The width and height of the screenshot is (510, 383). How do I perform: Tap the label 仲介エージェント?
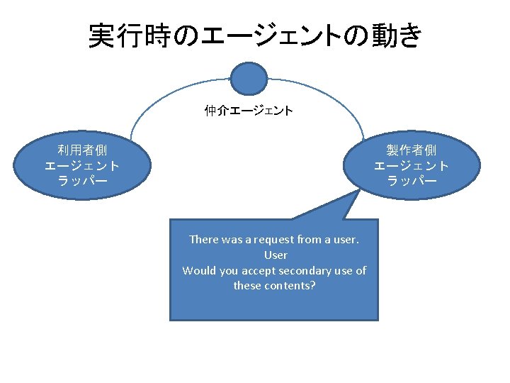pyautogui.click(x=249, y=111)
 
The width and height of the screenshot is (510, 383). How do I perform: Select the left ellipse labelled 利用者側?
pyautogui.click(x=81, y=166)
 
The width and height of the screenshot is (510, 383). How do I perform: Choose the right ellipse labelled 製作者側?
pyautogui.click(x=411, y=166)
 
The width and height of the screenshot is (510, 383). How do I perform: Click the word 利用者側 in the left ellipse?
pyautogui.click(x=81, y=150)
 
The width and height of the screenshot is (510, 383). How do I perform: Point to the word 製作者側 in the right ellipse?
pyautogui.click(x=411, y=150)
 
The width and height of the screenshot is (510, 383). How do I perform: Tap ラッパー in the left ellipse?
pyautogui.click(x=81, y=181)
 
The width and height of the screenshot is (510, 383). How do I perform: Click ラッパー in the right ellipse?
pyautogui.click(x=411, y=181)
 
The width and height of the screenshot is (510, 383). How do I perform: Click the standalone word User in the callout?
pyautogui.click(x=275, y=255)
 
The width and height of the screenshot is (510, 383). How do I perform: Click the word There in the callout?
pyautogui.click(x=204, y=240)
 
